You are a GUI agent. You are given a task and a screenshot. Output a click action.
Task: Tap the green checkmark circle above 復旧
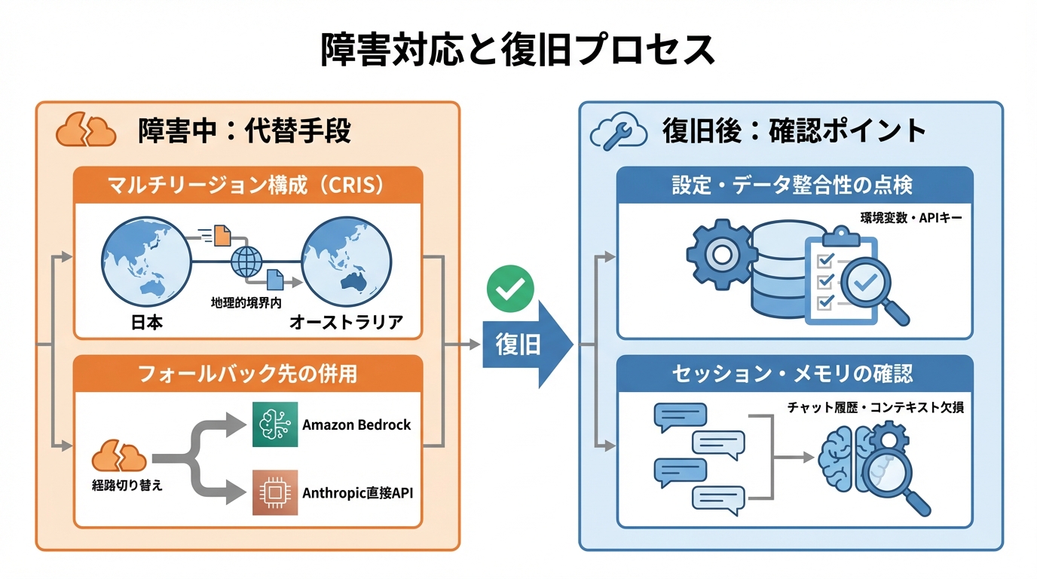pyautogui.click(x=510, y=288)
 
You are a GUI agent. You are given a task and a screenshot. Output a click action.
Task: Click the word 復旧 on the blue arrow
pyautogui.click(x=518, y=345)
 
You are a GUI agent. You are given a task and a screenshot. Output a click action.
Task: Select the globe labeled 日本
pyautogui.click(x=145, y=261)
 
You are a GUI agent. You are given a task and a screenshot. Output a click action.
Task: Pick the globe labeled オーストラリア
pyautogui.click(x=346, y=261)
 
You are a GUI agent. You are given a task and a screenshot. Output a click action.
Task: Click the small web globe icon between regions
pyautogui.click(x=246, y=262)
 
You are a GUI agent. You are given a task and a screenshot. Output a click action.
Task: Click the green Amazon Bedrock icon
pyautogui.click(x=274, y=424)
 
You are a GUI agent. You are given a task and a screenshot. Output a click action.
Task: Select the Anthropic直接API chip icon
pyautogui.click(x=274, y=492)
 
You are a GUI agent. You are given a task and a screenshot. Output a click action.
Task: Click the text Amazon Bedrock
pyautogui.click(x=356, y=424)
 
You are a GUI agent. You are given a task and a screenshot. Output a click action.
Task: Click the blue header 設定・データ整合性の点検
pyautogui.click(x=794, y=185)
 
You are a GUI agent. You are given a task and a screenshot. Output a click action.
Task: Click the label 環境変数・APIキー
pyautogui.click(x=910, y=218)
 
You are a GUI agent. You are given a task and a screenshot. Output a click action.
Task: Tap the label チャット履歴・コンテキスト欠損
pyautogui.click(x=875, y=408)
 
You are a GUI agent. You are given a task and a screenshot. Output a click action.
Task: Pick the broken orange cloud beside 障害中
pyautogui.click(x=86, y=130)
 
